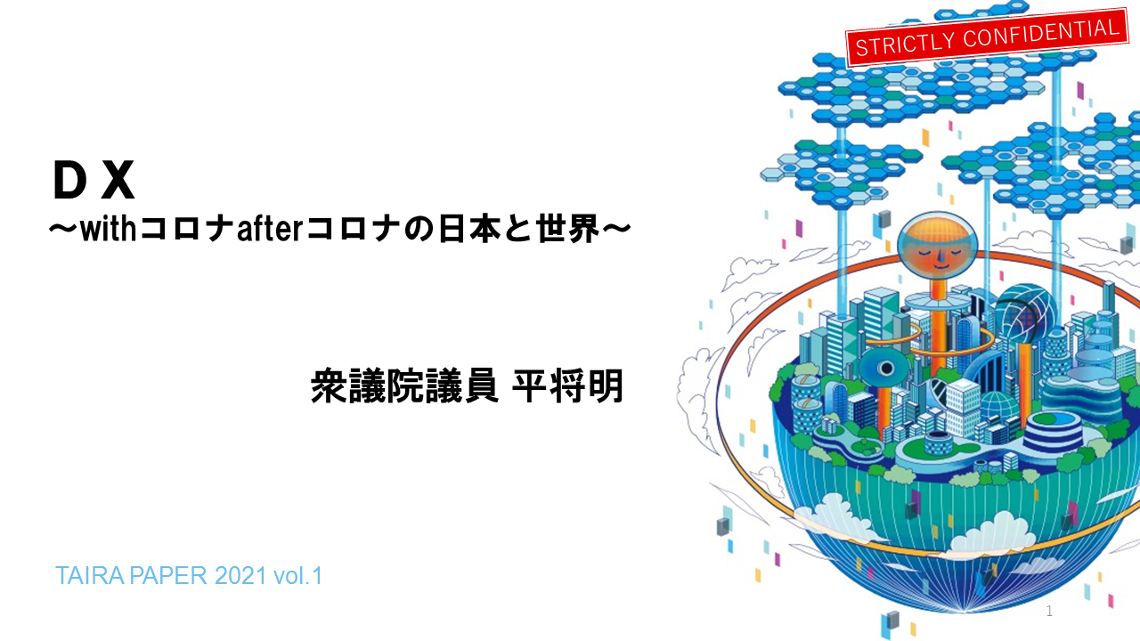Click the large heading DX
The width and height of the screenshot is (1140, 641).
click(94, 180)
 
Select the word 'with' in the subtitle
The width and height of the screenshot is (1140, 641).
click(108, 230)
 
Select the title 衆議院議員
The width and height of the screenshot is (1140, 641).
click(404, 386)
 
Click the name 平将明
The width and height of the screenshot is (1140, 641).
click(567, 386)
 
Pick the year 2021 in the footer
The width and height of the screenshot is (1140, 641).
click(240, 576)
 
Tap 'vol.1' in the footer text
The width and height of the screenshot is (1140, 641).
click(297, 576)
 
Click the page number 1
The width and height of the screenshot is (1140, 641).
click(1049, 611)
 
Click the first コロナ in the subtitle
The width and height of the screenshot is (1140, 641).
click(186, 230)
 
